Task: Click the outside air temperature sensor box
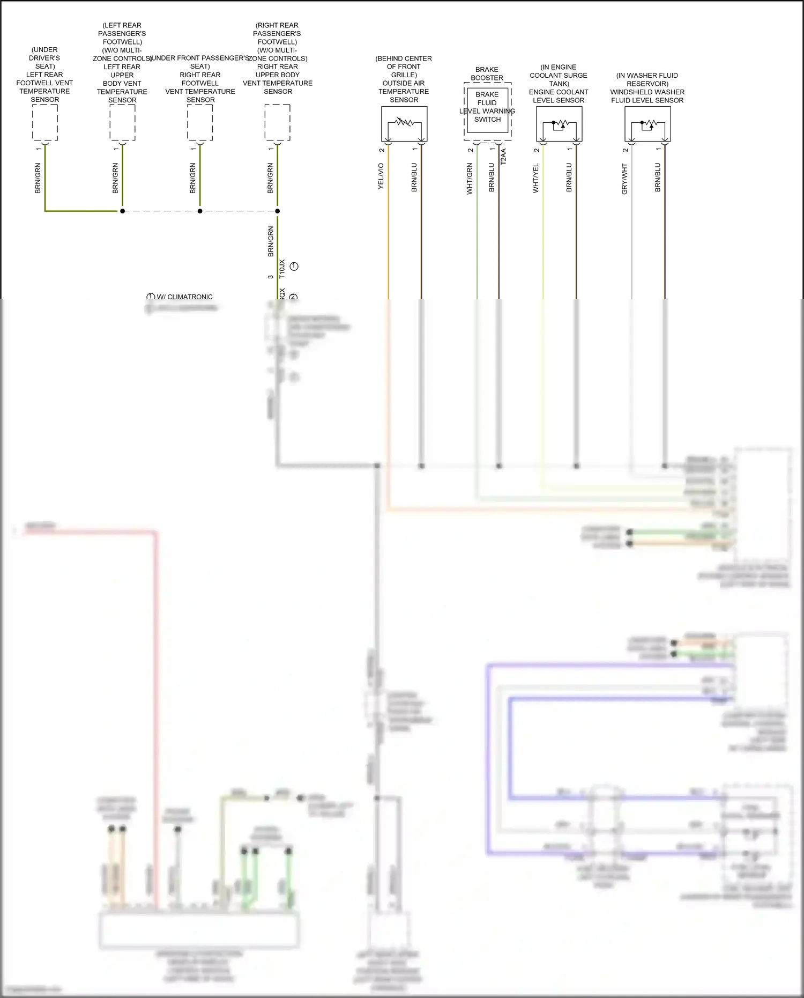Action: tap(404, 124)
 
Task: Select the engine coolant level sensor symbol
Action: tap(559, 124)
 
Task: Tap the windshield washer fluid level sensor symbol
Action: tap(647, 124)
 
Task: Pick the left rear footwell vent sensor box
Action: tap(45, 122)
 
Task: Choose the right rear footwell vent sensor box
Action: tap(200, 122)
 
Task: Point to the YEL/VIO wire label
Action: tap(381, 176)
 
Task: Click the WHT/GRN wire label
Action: tap(470, 179)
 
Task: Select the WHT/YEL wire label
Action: tap(535, 178)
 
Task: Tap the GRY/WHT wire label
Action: tap(624, 179)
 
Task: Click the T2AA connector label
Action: tap(503, 156)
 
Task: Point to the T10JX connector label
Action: tap(282, 268)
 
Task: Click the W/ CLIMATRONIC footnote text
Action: tap(184, 297)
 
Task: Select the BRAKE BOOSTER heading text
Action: tap(487, 73)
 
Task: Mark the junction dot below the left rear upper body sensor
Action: tap(122, 211)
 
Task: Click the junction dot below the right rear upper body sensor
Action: tap(278, 211)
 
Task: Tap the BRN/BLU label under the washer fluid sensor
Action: tap(658, 178)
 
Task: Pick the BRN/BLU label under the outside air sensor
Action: tap(414, 178)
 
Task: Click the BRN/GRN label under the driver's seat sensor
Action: tap(38, 178)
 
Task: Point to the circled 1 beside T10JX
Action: tap(294, 267)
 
